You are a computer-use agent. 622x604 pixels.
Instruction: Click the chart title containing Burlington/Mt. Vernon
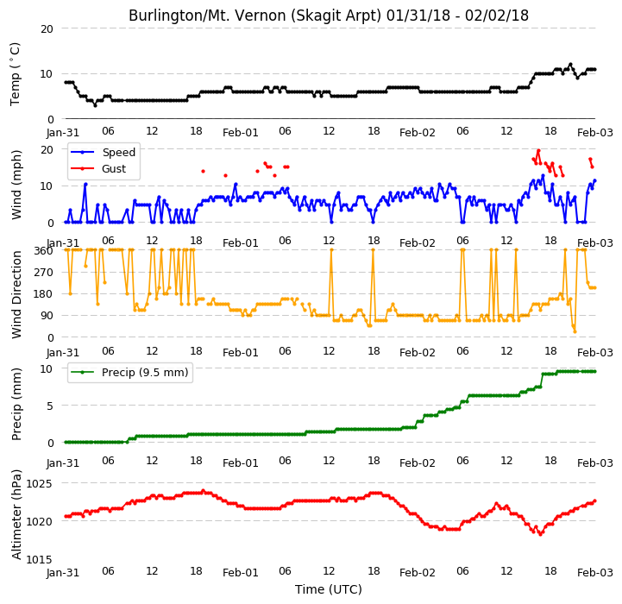(x=329, y=16)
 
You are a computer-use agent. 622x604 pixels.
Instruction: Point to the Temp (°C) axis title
(x=15, y=74)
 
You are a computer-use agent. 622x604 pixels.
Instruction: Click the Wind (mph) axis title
(x=16, y=185)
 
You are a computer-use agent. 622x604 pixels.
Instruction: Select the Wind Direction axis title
(x=16, y=294)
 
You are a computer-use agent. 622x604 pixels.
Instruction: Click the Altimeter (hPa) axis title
(x=16, y=514)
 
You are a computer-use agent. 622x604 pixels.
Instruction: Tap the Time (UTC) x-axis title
(x=329, y=589)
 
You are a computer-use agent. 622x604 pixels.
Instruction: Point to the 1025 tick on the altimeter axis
(x=39, y=484)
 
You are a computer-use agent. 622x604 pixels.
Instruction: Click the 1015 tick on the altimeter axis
(x=39, y=559)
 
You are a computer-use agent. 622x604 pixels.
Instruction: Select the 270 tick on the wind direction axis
(x=44, y=273)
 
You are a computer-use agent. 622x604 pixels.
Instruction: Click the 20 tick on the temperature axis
(x=47, y=28)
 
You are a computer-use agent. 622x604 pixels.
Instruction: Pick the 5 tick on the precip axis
(x=50, y=406)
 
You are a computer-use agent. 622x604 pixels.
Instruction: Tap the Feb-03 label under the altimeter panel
(x=595, y=573)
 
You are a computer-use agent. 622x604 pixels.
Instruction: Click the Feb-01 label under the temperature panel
(x=241, y=133)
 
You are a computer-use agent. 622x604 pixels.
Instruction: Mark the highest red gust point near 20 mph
(x=538, y=151)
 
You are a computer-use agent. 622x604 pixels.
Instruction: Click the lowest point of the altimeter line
(x=540, y=534)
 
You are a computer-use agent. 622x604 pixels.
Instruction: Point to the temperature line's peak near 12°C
(x=570, y=65)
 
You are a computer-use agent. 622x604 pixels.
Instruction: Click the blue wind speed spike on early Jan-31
(x=85, y=184)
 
